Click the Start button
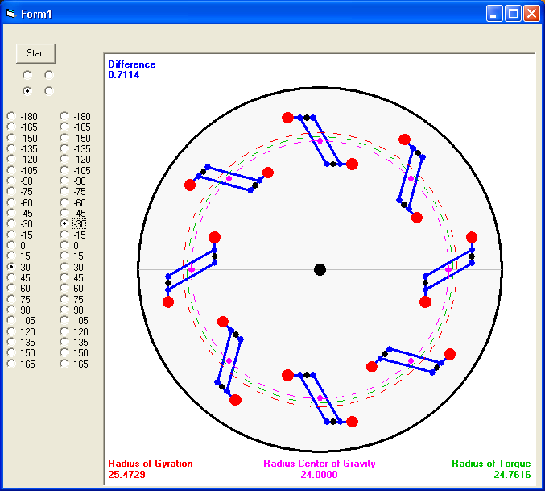point(35,53)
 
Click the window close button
point(531,14)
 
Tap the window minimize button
point(494,14)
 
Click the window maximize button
point(513,14)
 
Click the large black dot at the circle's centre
point(320,269)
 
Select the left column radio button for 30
point(11,267)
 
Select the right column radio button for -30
point(64,223)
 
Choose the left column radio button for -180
point(11,116)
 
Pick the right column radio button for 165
point(64,364)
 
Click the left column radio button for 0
point(11,245)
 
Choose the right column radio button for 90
point(64,310)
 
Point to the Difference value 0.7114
point(124,75)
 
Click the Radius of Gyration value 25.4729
point(126,475)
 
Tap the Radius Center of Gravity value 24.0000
point(319,475)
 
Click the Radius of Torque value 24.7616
point(512,475)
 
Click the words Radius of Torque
point(491,464)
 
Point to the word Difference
point(132,64)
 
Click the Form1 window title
point(36,14)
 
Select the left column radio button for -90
point(11,181)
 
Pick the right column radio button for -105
point(64,170)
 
